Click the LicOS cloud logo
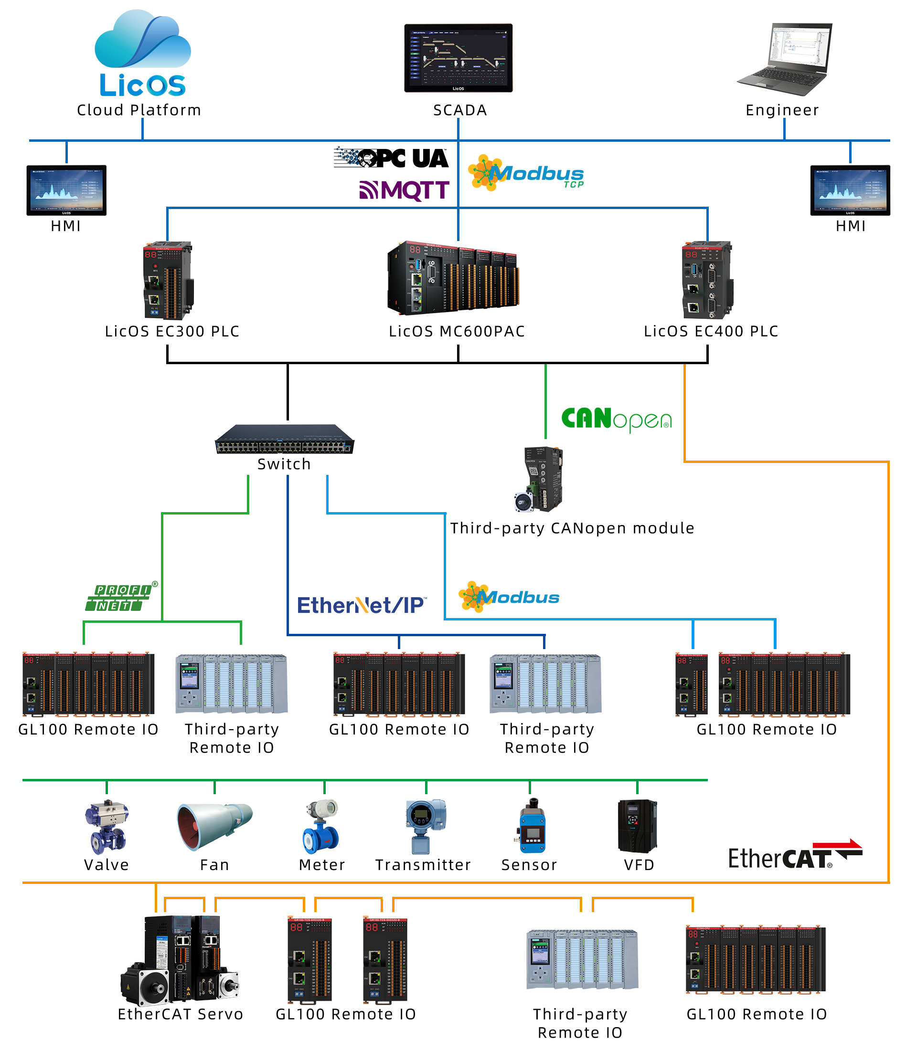click(143, 52)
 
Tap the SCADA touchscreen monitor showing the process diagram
click(458, 57)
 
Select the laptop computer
click(784, 60)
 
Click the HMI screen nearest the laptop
click(850, 190)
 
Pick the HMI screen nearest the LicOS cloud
click(66, 190)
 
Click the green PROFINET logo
click(121, 596)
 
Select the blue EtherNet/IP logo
click(362, 605)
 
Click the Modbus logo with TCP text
click(525, 173)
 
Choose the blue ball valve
click(107, 827)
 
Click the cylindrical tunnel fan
click(215, 827)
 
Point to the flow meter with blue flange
click(321, 827)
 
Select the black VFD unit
click(637, 826)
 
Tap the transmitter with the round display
click(425, 826)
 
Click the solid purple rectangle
click(404, 191)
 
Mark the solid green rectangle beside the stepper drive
click(616, 420)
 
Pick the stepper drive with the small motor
click(539, 479)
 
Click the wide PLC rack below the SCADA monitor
click(453, 278)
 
